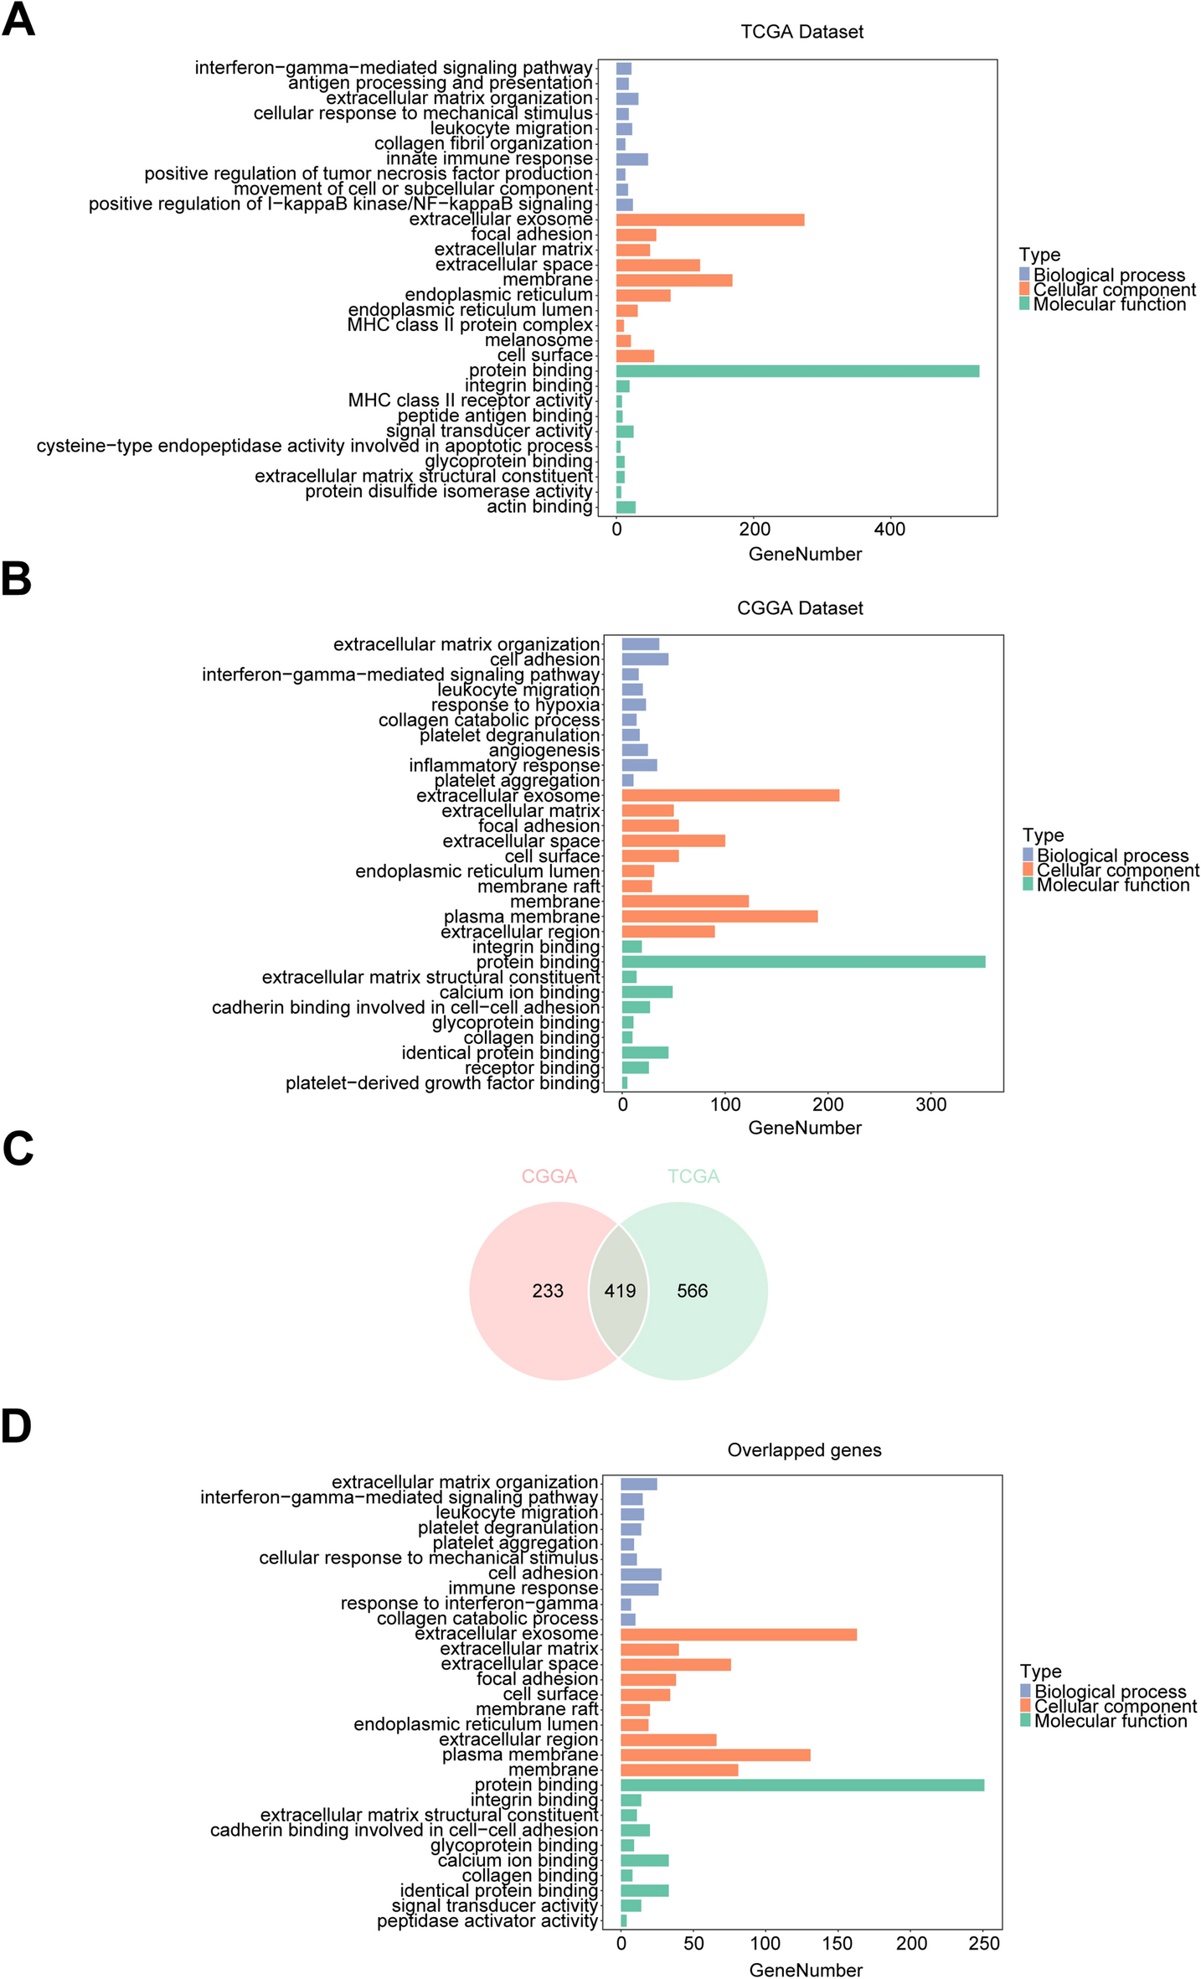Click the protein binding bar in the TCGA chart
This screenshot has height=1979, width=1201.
coord(796,371)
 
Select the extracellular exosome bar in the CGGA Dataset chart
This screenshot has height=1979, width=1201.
coord(729,795)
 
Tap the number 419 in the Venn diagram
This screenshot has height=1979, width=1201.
coord(620,1291)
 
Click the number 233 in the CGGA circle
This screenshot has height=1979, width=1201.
coord(548,1291)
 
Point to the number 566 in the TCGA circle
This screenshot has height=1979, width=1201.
coord(692,1291)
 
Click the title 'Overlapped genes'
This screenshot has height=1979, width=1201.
coord(804,1450)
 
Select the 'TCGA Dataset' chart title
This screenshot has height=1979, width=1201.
coord(802,32)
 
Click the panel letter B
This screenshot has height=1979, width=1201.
coord(17,579)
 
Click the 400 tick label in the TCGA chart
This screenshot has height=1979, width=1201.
coord(889,530)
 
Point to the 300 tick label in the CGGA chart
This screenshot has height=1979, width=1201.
coord(930,1104)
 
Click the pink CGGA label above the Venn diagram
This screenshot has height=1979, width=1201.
coord(549,1176)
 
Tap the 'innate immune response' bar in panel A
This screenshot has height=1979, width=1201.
coord(631,159)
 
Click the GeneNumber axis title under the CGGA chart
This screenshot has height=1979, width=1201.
coord(804,1128)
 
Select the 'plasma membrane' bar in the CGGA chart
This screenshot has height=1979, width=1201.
coord(719,917)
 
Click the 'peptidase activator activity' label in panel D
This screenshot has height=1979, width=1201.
coord(487,1921)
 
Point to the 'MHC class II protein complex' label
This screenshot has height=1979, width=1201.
coord(470,325)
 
